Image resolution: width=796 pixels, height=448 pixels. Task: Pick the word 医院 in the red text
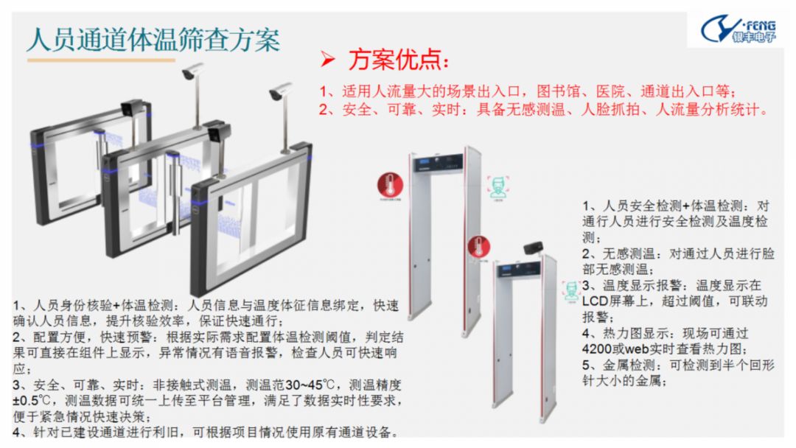tap(615, 92)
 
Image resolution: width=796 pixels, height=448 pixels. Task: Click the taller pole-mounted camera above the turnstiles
tap(193, 71)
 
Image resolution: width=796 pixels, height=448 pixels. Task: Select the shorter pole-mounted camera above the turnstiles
tap(281, 91)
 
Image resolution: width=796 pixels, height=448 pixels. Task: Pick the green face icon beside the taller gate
tap(498, 186)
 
